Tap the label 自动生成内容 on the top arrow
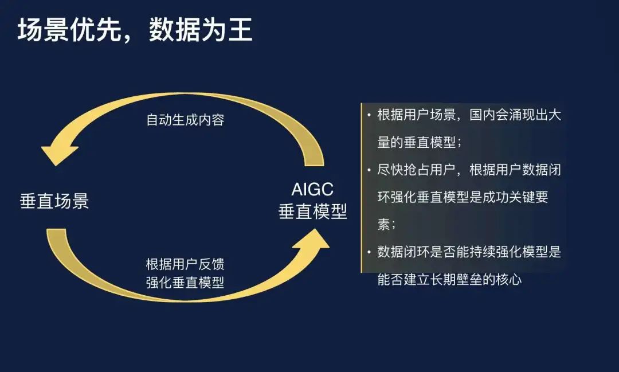(185, 120)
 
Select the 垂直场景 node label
(54, 201)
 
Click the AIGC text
(312, 189)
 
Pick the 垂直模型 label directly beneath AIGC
(313, 212)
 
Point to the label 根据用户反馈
(185, 264)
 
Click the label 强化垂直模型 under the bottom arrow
(185, 283)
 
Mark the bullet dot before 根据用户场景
(369, 115)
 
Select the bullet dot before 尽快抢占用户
(369, 170)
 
